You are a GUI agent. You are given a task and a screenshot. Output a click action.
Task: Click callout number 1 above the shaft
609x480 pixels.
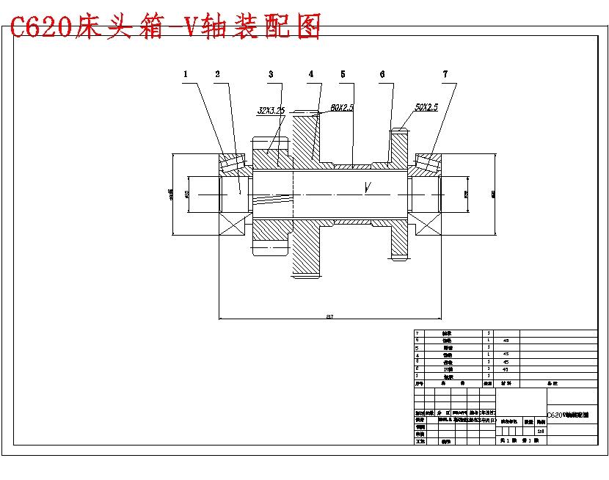pyautogui.click(x=186, y=74)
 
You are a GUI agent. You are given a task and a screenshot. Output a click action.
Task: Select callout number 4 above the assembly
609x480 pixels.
pyautogui.click(x=310, y=74)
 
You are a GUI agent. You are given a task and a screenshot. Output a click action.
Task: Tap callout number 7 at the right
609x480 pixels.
pyautogui.click(x=445, y=74)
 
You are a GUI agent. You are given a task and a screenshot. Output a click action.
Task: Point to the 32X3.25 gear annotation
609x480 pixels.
pyautogui.click(x=271, y=111)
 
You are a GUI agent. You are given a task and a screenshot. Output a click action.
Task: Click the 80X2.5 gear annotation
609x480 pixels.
pyautogui.click(x=342, y=107)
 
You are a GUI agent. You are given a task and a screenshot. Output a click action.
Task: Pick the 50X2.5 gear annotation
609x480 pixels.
pyautogui.click(x=426, y=107)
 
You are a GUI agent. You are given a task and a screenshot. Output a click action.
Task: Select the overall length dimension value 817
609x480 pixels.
pyautogui.click(x=329, y=316)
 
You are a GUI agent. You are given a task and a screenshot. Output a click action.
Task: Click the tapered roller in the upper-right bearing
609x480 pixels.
pyautogui.click(x=426, y=163)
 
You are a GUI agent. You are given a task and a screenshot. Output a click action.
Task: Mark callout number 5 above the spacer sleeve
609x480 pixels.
pyautogui.click(x=343, y=74)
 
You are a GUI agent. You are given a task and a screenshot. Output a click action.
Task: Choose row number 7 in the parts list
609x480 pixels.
pyautogui.click(x=417, y=333)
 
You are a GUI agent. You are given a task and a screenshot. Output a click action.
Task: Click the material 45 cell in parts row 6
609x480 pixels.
pyautogui.click(x=506, y=341)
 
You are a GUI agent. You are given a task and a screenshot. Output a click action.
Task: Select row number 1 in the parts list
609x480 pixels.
pyautogui.click(x=417, y=376)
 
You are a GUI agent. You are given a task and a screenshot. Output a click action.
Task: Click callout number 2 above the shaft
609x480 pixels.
pyautogui.click(x=217, y=74)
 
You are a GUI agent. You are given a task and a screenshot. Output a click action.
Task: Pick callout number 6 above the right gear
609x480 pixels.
pyautogui.click(x=382, y=74)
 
